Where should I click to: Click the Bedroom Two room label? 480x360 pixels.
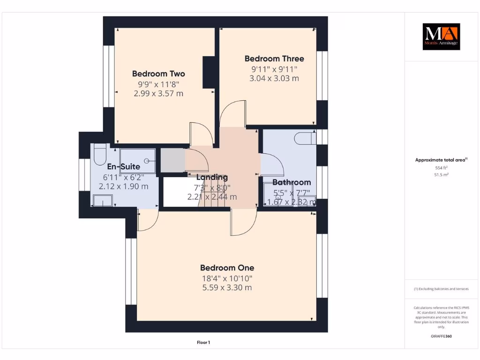click(x=158, y=74)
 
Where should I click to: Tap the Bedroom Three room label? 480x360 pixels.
click(x=274, y=59)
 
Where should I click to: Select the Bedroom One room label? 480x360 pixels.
click(x=227, y=268)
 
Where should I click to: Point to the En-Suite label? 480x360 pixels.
click(x=124, y=167)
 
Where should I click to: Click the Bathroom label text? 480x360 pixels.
click(x=292, y=182)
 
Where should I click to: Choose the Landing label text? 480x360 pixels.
click(x=212, y=177)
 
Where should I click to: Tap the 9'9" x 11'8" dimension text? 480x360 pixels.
click(x=158, y=84)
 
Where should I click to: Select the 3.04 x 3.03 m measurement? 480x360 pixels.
click(x=274, y=78)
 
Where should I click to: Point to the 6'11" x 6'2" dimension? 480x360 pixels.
click(x=124, y=177)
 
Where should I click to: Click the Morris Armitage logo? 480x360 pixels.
click(x=441, y=37)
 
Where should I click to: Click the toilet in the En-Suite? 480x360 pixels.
click(x=100, y=155)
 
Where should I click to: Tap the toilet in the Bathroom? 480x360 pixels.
click(x=305, y=138)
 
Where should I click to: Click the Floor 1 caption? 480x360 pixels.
click(x=203, y=343)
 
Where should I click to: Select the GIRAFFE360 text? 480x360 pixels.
click(x=441, y=336)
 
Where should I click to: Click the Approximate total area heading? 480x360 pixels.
click(x=441, y=160)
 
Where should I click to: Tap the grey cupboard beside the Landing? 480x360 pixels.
click(x=172, y=160)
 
